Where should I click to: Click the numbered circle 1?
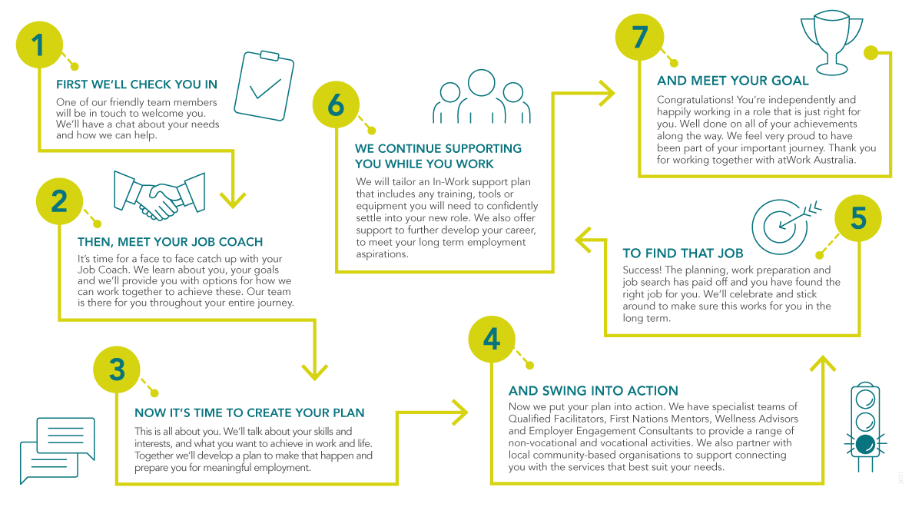pos(38,46)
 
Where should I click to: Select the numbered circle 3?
pos(117,370)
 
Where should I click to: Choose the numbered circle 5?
pos(858,219)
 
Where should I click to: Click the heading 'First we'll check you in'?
pos(137,84)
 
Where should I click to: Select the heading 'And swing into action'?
pos(593,391)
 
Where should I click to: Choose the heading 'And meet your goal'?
pos(733,81)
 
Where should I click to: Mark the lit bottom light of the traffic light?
pos(866,445)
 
